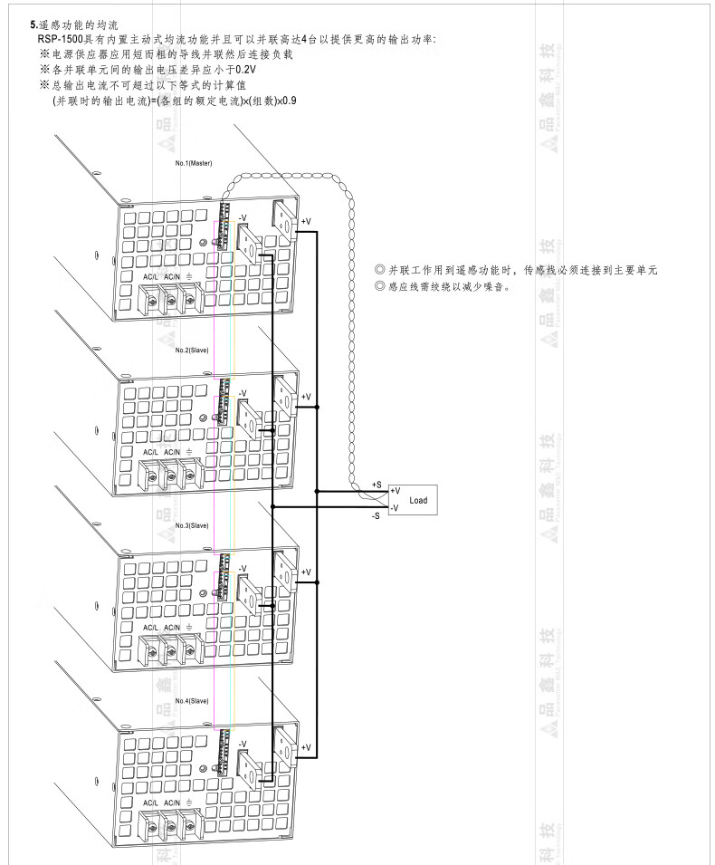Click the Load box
tap(417, 499)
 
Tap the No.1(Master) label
tap(194, 163)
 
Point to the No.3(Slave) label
tap(192, 525)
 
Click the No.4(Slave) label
tap(192, 700)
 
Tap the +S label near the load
tap(377, 485)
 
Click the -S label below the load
tap(376, 515)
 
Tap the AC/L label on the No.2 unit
tap(151, 451)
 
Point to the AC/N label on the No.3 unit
tap(172, 627)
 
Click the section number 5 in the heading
tap(33, 25)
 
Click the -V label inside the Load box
tap(395, 508)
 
